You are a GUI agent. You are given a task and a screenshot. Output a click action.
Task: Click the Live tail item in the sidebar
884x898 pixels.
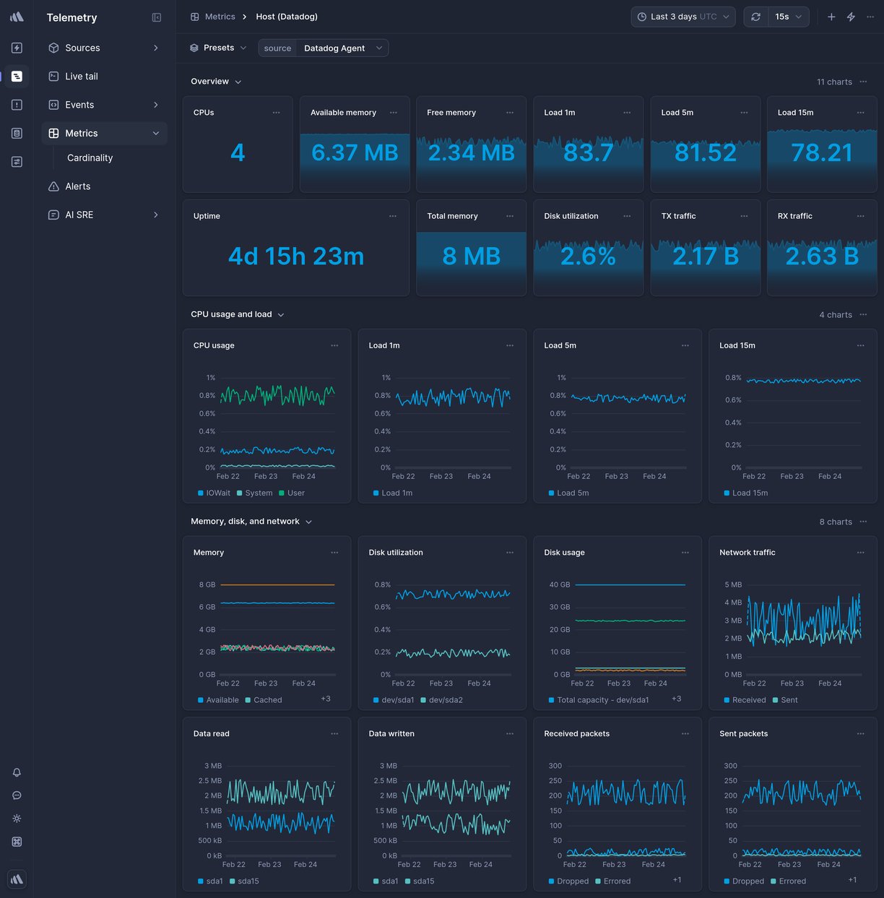tap(81, 76)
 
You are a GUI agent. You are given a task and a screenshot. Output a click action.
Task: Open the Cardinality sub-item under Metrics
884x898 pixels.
tap(90, 157)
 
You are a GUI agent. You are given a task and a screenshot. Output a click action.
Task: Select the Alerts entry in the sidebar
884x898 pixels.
tap(77, 186)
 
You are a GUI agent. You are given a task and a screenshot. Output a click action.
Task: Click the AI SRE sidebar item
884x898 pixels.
tap(79, 215)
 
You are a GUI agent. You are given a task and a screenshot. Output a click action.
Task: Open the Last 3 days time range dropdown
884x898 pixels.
tap(682, 17)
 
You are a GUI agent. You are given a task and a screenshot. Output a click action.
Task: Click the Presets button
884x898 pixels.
tap(218, 48)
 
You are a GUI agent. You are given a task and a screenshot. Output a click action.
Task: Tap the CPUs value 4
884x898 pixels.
tap(238, 152)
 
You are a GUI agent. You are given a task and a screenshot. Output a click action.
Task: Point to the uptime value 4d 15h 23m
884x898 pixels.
tap(296, 256)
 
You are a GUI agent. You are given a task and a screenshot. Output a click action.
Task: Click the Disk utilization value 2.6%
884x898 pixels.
tap(588, 256)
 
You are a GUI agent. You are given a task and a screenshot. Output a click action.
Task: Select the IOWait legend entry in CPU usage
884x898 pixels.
tap(217, 493)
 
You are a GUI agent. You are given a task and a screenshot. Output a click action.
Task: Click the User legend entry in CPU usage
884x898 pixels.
tap(295, 493)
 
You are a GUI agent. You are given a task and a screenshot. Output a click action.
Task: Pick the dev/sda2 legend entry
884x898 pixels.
tap(445, 700)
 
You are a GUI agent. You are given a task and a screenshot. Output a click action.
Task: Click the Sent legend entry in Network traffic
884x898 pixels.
tap(789, 700)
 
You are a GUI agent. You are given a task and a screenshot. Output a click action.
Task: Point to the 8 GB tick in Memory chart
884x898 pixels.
tap(207, 584)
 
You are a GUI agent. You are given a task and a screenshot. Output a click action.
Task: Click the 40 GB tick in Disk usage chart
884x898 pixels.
tap(560, 584)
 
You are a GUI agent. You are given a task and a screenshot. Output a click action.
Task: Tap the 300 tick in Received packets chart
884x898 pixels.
tap(555, 766)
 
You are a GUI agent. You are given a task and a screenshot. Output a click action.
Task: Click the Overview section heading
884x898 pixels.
tap(210, 82)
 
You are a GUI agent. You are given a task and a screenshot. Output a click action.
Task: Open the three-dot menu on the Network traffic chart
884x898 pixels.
tap(860, 553)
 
